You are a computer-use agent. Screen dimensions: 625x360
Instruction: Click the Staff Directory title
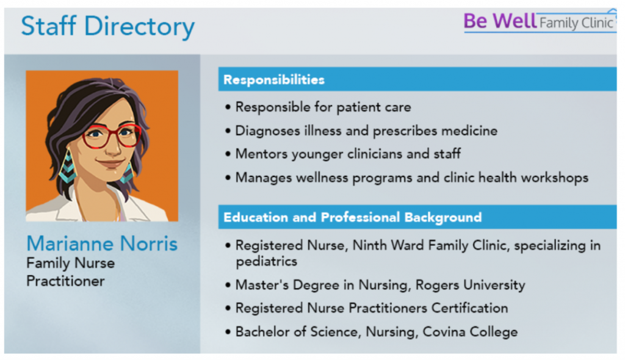[107, 27]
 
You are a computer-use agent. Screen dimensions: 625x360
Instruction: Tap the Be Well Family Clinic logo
[540, 21]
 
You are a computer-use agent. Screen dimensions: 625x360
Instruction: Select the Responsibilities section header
[274, 80]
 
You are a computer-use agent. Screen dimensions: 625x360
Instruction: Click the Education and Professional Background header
[352, 217]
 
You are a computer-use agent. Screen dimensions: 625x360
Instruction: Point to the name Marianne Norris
[102, 243]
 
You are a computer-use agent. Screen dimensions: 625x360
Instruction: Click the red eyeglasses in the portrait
[112, 136]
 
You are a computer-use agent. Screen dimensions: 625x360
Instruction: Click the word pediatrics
[266, 262]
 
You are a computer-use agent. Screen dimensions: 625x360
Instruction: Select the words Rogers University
[470, 285]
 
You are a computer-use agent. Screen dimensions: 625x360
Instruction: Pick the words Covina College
[470, 332]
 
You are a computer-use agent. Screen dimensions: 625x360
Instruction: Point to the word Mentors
[261, 154]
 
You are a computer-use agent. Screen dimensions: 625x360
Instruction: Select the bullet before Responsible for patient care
[228, 107]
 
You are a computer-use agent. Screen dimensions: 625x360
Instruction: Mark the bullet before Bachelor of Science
[228, 332]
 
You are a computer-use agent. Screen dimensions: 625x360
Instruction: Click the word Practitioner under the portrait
[65, 281]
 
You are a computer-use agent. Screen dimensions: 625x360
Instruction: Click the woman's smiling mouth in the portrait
[109, 163]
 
